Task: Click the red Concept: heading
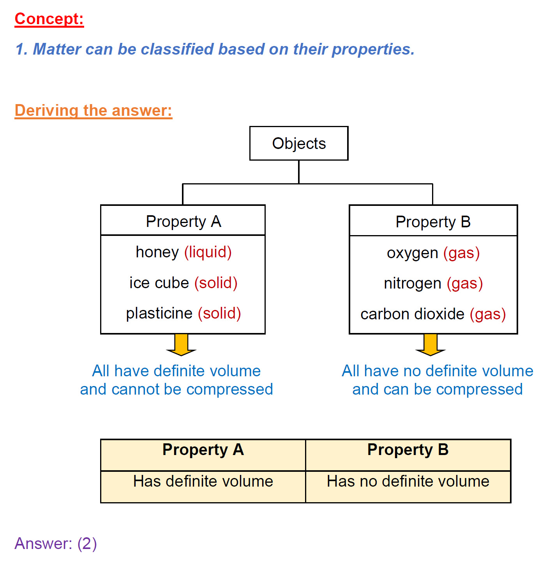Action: [x=49, y=19]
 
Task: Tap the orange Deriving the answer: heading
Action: [x=93, y=110]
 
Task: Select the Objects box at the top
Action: [x=299, y=143]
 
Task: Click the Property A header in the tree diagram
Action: [x=183, y=221]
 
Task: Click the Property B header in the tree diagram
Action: [x=433, y=221]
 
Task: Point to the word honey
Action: [x=157, y=252]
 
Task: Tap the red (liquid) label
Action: [x=208, y=252]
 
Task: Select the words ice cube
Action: [x=159, y=283]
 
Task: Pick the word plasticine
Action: [x=159, y=313]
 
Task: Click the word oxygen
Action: [x=412, y=253]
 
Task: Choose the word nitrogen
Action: [x=412, y=283]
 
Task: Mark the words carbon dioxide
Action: [x=412, y=314]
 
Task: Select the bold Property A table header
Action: [x=203, y=450]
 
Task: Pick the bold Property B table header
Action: [x=408, y=450]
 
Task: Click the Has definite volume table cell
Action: [x=203, y=482]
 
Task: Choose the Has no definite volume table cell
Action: [x=408, y=482]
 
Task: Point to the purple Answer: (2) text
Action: [x=56, y=543]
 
